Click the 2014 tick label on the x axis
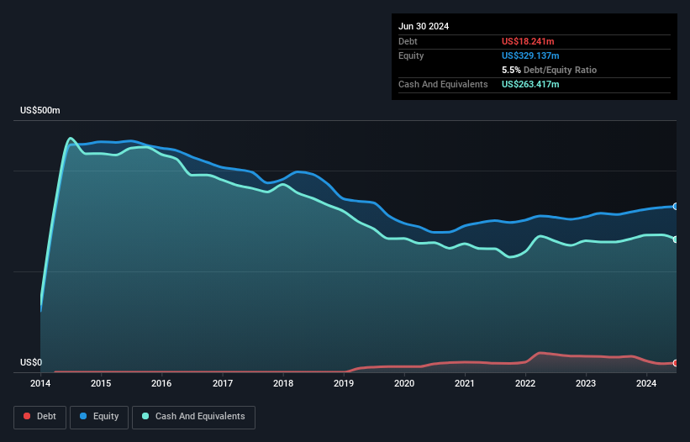tap(40, 384)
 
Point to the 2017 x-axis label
tap(223, 384)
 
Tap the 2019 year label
tap(344, 384)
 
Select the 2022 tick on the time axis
tap(525, 384)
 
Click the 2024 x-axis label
tap(646, 384)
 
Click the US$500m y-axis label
tap(40, 111)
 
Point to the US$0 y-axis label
tap(30, 363)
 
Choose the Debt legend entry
tap(40, 416)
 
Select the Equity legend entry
tap(99, 416)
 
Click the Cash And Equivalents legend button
tap(192, 416)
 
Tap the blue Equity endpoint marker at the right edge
tap(676, 206)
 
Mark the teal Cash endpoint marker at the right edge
tap(676, 239)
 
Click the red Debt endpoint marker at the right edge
tap(676, 363)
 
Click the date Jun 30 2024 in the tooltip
tap(424, 26)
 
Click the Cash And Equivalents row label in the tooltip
tap(443, 84)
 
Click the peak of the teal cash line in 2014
tap(71, 139)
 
